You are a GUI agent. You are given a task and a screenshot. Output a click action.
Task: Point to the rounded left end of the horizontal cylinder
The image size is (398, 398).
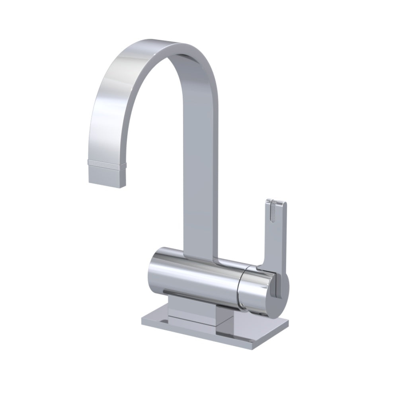click(153, 271)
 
